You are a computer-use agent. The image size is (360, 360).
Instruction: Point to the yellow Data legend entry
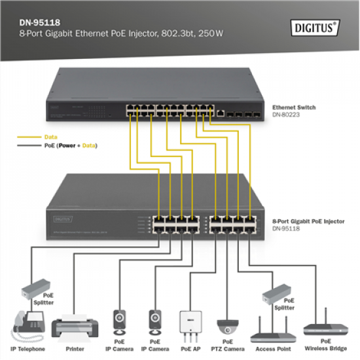coord(49,138)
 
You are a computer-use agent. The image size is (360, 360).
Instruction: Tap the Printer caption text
coord(74,350)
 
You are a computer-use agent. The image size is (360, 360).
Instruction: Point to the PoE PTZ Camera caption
coord(228,346)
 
